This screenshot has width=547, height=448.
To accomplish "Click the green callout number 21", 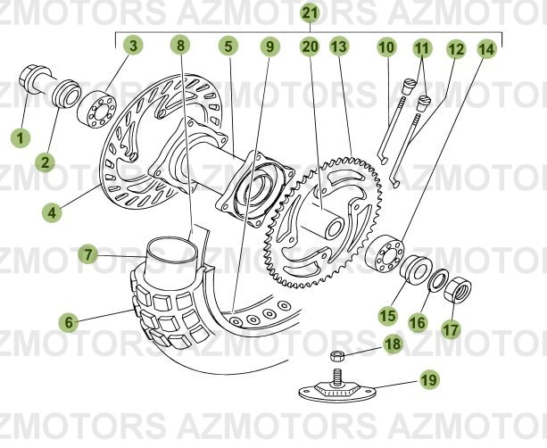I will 309,12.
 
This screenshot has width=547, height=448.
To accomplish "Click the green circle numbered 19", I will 429,380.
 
